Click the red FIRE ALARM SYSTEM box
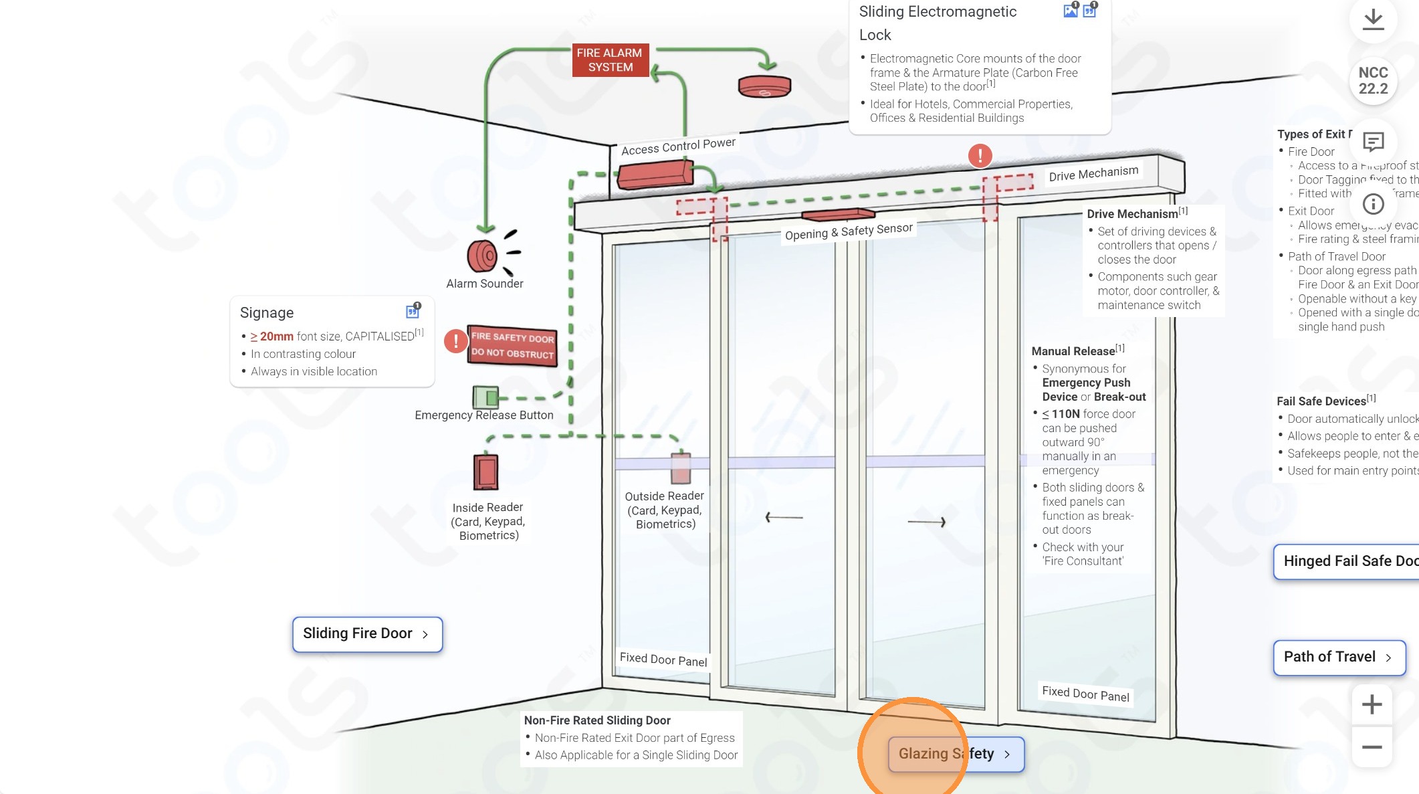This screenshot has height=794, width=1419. click(610, 60)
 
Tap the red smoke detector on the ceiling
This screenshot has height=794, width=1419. click(764, 86)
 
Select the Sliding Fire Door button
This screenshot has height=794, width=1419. click(367, 633)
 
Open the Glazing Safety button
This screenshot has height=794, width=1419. click(956, 754)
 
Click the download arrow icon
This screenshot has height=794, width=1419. click(1373, 19)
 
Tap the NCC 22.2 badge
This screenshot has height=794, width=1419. click(1373, 81)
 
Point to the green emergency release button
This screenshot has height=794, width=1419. click(485, 397)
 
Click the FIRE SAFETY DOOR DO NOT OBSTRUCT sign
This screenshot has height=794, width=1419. click(512, 345)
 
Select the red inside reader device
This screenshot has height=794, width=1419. click(486, 472)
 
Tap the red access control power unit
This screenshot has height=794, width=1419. click(655, 174)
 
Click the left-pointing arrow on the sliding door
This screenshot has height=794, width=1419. click(784, 517)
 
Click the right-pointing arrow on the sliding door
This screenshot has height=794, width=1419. click(927, 522)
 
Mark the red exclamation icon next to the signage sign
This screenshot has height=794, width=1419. click(456, 341)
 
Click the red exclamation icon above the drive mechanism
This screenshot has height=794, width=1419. click(980, 156)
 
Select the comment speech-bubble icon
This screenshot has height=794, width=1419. click(1373, 142)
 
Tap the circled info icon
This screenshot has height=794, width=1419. click(1373, 204)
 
